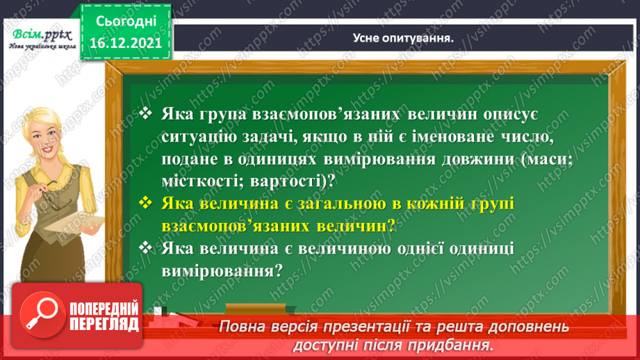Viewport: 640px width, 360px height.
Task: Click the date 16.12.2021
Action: (126, 41)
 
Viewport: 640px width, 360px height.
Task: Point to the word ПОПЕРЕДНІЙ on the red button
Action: (104, 310)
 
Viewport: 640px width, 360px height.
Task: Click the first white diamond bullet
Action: (145, 113)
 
